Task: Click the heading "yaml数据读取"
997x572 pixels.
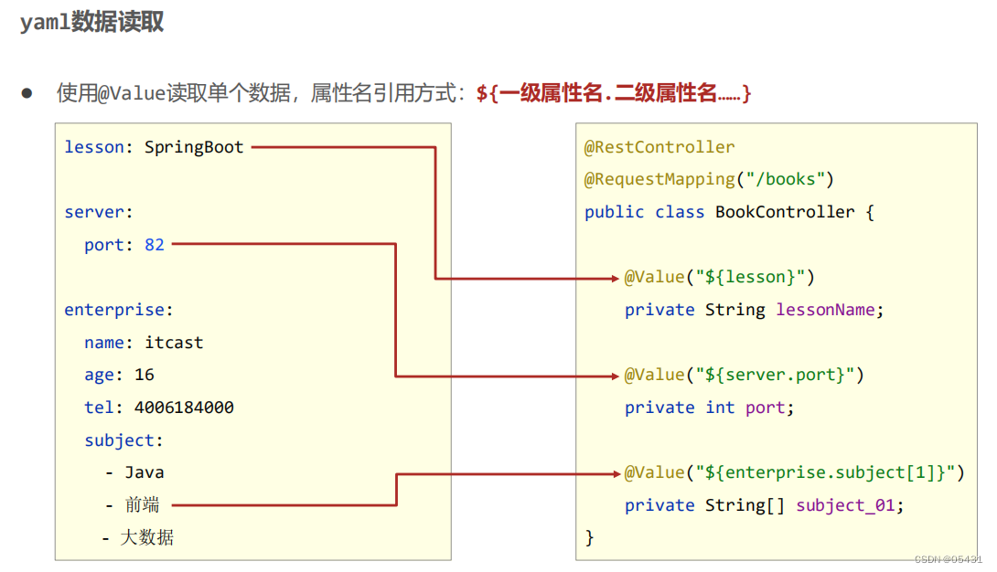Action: [x=92, y=23]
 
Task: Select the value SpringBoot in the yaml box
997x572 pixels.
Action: [x=194, y=147]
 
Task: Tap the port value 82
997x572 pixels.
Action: [x=155, y=245]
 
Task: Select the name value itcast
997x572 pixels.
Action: [x=174, y=343]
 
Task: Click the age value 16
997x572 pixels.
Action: [x=145, y=375]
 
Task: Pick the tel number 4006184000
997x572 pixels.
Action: [x=184, y=408]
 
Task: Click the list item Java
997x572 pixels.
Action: [x=145, y=472]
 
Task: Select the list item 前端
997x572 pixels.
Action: [x=145, y=505]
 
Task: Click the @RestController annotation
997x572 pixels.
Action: [x=659, y=147]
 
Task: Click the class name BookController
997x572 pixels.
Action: [x=785, y=212]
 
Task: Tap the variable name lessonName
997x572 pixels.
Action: [x=825, y=310]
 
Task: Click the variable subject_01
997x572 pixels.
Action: [x=845, y=505]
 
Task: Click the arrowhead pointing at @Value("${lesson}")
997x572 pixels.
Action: [x=616, y=278]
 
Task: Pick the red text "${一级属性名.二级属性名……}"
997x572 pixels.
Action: [x=614, y=93]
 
